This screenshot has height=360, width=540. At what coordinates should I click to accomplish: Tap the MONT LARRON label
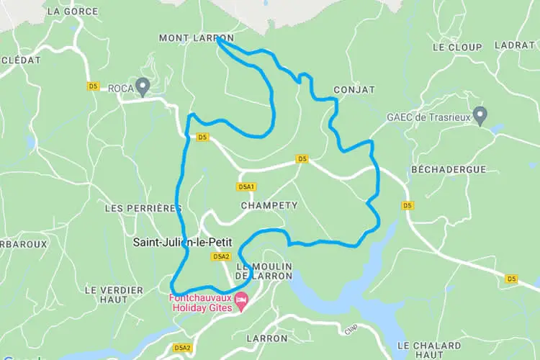pyautogui.click(x=186, y=37)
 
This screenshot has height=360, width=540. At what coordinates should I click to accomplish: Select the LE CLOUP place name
pyautogui.click(x=457, y=47)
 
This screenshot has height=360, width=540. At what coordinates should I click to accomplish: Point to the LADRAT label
pyautogui.click(x=516, y=45)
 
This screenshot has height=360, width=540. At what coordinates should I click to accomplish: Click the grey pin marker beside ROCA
pyautogui.click(x=143, y=86)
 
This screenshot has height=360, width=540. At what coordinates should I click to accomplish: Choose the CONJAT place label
pyautogui.click(x=354, y=90)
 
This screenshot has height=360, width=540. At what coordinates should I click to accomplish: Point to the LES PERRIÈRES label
pyautogui.click(x=143, y=208)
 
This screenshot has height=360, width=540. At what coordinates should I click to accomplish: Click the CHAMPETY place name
pyautogui.click(x=269, y=205)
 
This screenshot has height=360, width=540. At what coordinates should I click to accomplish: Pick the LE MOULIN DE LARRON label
pyautogui.click(x=264, y=271)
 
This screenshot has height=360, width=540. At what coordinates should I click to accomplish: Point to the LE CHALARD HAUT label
pyautogui.click(x=430, y=350)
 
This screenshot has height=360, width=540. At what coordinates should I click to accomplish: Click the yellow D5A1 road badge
pyautogui.click(x=246, y=187)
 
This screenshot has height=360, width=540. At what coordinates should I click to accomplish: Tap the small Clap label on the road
pyautogui.click(x=351, y=328)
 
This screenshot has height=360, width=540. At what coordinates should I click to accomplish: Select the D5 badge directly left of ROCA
pyautogui.click(x=93, y=86)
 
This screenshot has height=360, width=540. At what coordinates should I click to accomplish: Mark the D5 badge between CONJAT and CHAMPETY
pyautogui.click(x=302, y=158)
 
